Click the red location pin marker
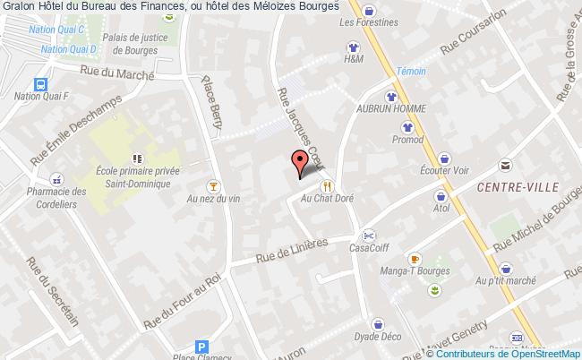(x=302, y=162)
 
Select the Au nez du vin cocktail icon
(x=212, y=186)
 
